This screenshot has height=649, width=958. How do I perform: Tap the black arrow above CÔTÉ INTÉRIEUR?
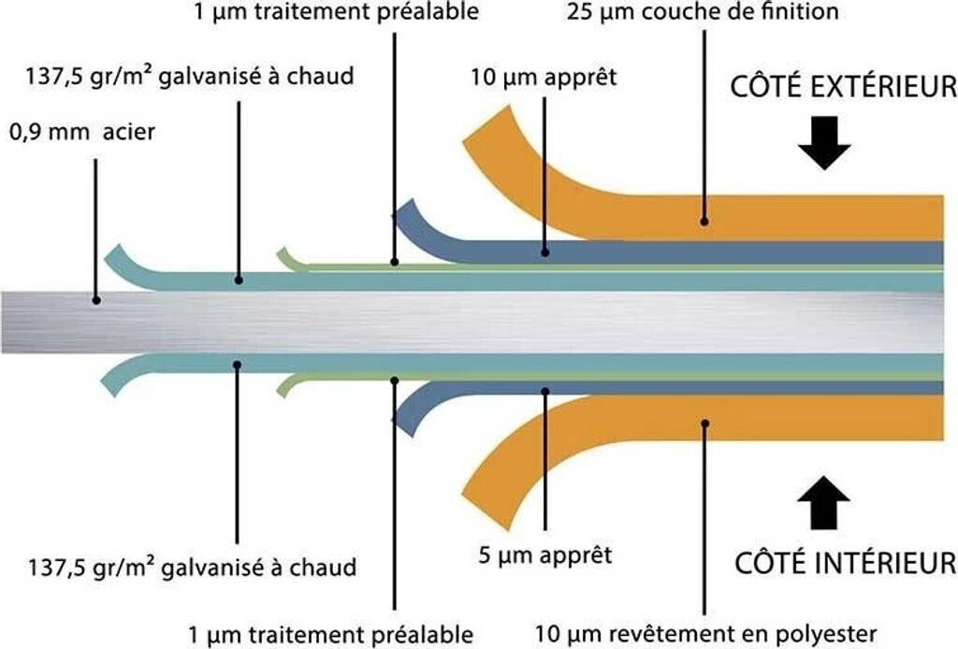pos(823,503)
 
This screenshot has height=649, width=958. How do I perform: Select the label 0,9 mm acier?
pos(82,132)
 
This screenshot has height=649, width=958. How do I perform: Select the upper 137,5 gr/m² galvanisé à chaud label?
pos(191,77)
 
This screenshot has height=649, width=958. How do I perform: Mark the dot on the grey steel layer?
pos(95,300)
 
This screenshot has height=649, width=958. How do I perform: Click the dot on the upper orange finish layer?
pos(704,223)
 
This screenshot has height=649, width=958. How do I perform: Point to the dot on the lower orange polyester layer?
pos(705,424)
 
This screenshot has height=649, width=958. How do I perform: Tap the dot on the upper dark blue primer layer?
pos(545,252)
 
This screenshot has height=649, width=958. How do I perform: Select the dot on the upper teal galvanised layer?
pos(239,279)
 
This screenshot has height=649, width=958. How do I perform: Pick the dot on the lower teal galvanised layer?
pos(239,365)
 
